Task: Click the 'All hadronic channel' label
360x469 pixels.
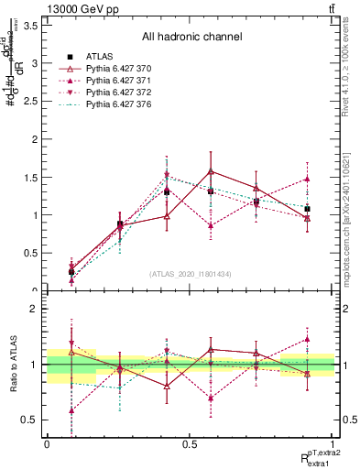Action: [x=191, y=38]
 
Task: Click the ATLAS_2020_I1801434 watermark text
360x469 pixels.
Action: [x=191, y=274]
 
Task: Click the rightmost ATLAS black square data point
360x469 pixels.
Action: [x=307, y=209]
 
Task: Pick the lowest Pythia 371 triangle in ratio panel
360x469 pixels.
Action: [x=71, y=410]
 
